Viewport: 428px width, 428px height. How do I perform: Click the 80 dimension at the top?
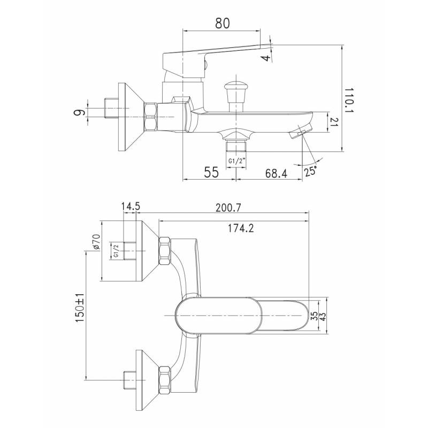[x=223, y=23]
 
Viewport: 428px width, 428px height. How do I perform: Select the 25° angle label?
[x=311, y=171]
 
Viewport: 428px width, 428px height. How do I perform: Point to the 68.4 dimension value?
[x=276, y=173]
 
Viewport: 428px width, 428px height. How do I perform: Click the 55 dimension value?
[x=211, y=172]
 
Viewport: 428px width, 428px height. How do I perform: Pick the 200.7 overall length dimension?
[x=229, y=208]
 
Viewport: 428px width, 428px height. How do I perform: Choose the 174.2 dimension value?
[x=241, y=228]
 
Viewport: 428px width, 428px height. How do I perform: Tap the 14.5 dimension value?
[x=131, y=207]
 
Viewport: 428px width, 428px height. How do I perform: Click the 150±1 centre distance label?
[x=80, y=308]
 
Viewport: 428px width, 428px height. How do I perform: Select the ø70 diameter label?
[x=97, y=242]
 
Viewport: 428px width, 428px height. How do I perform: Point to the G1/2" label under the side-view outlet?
[x=236, y=161]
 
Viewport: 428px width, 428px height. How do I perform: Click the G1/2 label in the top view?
[x=116, y=251]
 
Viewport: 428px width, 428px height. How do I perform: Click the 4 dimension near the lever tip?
[x=266, y=58]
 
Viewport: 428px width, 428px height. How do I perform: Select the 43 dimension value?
[x=323, y=317]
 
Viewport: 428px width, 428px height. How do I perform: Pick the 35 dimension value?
[x=315, y=317]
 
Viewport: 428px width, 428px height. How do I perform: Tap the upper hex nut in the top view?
[x=165, y=251]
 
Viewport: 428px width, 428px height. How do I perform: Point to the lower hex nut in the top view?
[x=165, y=380]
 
